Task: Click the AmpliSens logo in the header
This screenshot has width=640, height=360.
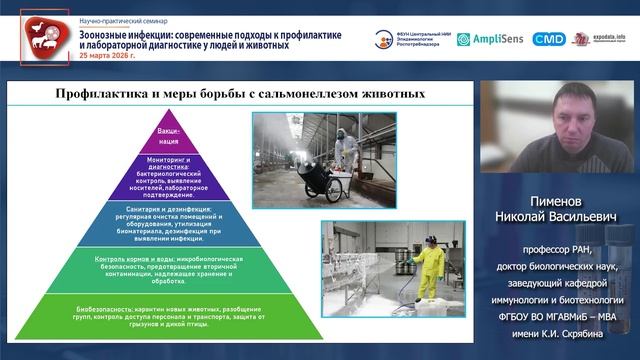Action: [491, 39]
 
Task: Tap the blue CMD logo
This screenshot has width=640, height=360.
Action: [548, 39]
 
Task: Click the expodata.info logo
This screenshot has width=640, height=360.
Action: [598, 39]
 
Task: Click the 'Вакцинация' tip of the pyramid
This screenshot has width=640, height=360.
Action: [168, 137]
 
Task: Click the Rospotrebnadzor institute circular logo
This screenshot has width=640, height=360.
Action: [384, 39]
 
